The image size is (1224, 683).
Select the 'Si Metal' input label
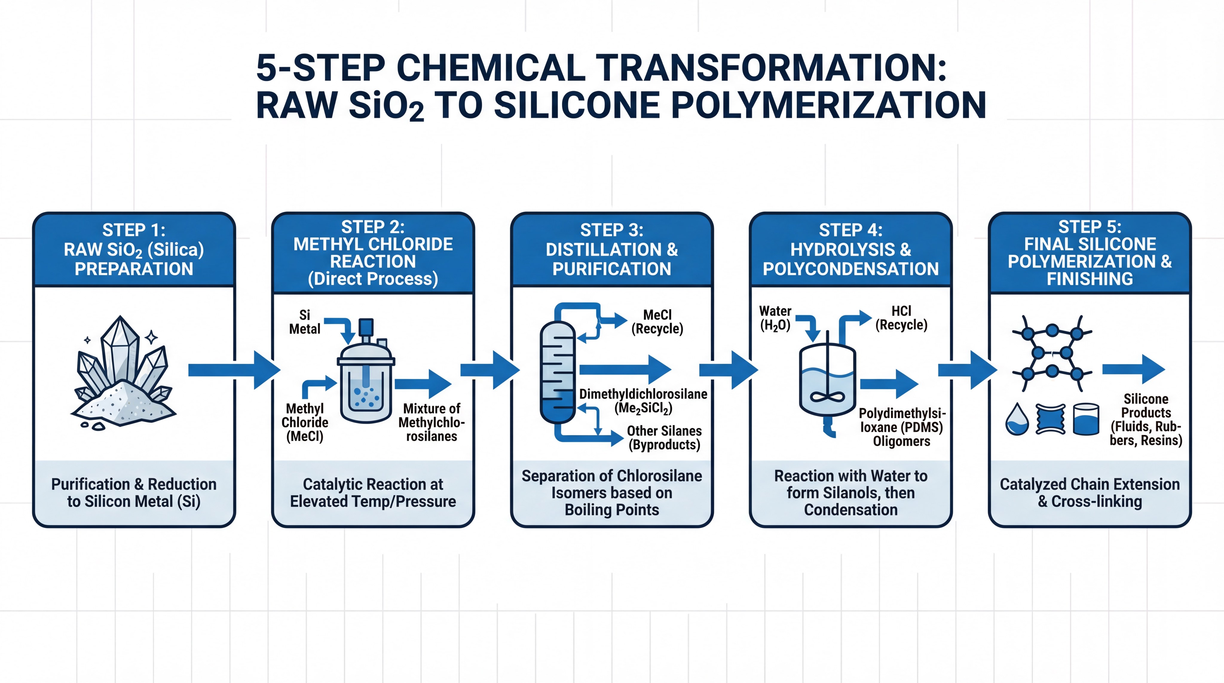tap(305, 322)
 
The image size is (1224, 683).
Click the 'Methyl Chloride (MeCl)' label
tap(305, 422)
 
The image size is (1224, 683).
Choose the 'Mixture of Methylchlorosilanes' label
tap(432, 422)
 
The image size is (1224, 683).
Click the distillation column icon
tap(557, 373)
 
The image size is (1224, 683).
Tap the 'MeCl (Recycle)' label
tap(657, 322)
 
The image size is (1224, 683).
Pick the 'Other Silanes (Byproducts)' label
tap(664, 437)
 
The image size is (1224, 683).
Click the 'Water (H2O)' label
tap(775, 318)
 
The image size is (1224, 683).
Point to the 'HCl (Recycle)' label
tap(901, 318)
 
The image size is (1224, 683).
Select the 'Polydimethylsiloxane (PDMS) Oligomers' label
tap(901, 427)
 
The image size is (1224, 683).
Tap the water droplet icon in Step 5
tap(1017, 419)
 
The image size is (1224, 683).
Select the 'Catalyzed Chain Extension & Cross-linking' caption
tap(1090, 493)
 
